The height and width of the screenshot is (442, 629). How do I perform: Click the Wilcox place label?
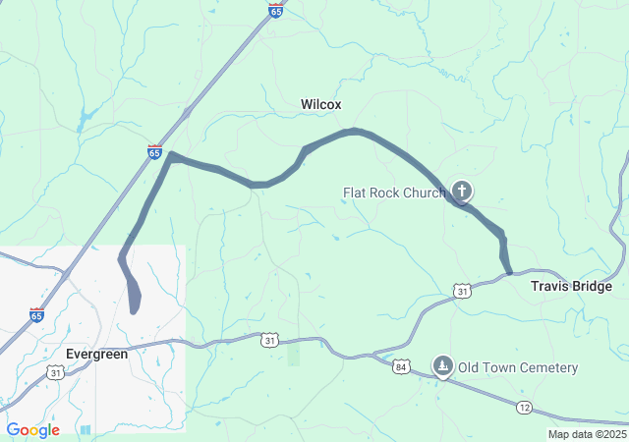[320, 104]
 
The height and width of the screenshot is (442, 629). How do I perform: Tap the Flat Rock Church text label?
[394, 193]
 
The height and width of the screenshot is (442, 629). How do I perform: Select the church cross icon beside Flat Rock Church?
[462, 192]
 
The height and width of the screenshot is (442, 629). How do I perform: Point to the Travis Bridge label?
[571, 287]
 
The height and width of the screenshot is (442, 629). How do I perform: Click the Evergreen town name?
[96, 354]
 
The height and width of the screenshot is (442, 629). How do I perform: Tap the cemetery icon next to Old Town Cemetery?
[443, 366]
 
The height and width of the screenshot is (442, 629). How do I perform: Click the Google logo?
[32, 430]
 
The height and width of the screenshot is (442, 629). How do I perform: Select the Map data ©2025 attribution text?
[587, 434]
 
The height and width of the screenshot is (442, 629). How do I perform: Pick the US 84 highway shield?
[400, 366]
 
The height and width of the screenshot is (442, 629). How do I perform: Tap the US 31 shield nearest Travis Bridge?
[462, 290]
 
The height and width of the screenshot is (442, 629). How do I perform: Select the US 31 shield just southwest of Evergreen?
[56, 372]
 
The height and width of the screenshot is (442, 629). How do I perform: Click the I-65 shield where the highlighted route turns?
[154, 151]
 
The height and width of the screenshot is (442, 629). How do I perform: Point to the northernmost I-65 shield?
[276, 10]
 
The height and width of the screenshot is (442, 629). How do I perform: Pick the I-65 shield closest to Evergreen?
[36, 315]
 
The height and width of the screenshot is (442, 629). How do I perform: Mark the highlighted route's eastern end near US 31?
[509, 271]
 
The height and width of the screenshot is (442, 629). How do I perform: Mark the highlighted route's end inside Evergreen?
[134, 310]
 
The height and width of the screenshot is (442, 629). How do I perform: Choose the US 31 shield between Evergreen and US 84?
[269, 339]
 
